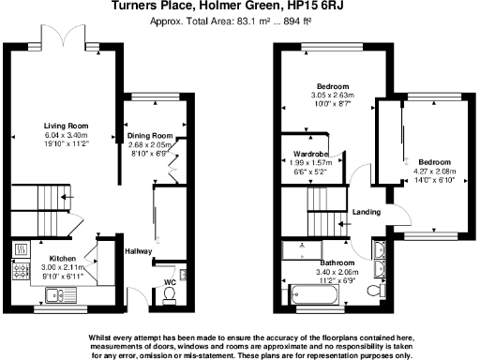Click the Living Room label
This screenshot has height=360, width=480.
coord(66,125)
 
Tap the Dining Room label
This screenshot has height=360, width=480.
coord(151,136)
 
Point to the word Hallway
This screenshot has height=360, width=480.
coord(138,250)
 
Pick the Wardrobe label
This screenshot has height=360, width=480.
coord(308,154)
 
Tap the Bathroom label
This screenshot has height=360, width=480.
coord(335,263)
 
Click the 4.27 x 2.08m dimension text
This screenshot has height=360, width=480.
coord(431,170)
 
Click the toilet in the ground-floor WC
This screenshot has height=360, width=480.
coord(170,296)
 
